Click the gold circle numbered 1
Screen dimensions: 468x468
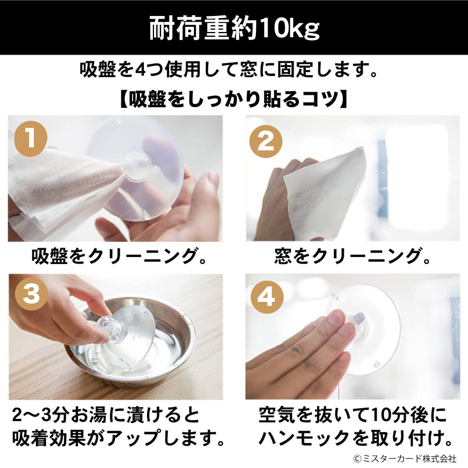click(x=31, y=139)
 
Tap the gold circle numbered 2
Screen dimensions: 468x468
click(x=266, y=141)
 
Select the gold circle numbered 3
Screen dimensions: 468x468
click(x=31, y=294)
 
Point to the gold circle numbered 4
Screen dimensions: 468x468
click(x=267, y=297)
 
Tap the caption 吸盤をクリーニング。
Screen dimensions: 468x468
click(x=119, y=256)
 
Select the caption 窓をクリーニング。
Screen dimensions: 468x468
click(x=352, y=256)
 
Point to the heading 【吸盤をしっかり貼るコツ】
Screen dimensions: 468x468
click(x=234, y=99)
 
